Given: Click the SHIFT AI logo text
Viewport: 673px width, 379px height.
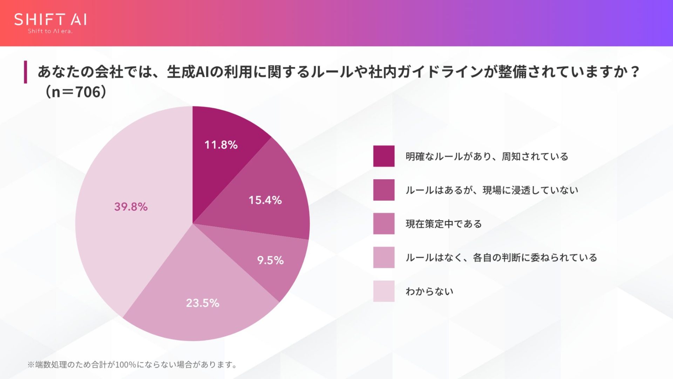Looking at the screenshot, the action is click(50, 20).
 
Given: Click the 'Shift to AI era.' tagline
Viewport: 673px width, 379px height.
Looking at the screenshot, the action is click(50, 31).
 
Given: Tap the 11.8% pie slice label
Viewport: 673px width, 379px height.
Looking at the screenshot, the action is click(221, 145).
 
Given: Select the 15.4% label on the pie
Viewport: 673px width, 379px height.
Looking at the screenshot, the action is click(265, 200).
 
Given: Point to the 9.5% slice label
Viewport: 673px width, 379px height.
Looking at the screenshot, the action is click(270, 260).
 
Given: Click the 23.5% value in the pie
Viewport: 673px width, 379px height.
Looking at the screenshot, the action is click(203, 303).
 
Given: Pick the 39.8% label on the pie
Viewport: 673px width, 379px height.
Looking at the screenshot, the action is click(131, 207).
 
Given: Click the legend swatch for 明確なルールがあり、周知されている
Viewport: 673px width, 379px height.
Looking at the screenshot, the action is click(384, 156).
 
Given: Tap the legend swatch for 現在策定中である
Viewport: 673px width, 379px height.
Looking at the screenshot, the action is click(384, 224).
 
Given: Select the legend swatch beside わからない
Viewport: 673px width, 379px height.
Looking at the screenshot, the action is click(384, 291).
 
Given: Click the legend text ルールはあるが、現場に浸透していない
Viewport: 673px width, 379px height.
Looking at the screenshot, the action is click(492, 190).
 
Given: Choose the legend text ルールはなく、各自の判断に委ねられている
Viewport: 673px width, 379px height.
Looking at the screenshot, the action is click(501, 258).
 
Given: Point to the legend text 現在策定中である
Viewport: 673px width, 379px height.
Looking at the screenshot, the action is click(444, 224).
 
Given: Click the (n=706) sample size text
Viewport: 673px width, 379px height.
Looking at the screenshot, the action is click(76, 92).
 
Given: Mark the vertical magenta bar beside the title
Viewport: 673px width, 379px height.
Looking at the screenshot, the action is click(25, 72).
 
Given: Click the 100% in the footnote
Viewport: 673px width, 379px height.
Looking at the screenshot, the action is click(125, 365).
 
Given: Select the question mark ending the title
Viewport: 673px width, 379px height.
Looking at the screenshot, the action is click(634, 72).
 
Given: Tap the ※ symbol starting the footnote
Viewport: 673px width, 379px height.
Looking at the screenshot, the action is click(31, 365).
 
